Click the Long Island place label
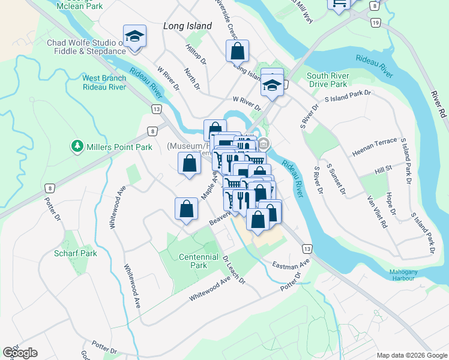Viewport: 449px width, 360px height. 188,26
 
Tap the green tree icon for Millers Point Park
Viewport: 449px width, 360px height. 77,146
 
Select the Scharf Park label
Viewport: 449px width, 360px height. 75,253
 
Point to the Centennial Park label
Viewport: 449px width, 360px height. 198,261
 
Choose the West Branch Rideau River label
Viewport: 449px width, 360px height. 104,82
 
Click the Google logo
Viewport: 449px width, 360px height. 20,353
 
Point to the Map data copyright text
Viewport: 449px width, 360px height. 412,355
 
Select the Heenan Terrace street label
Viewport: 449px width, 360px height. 375,147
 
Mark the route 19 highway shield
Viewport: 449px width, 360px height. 376,22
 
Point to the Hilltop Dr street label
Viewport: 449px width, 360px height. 196,54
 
